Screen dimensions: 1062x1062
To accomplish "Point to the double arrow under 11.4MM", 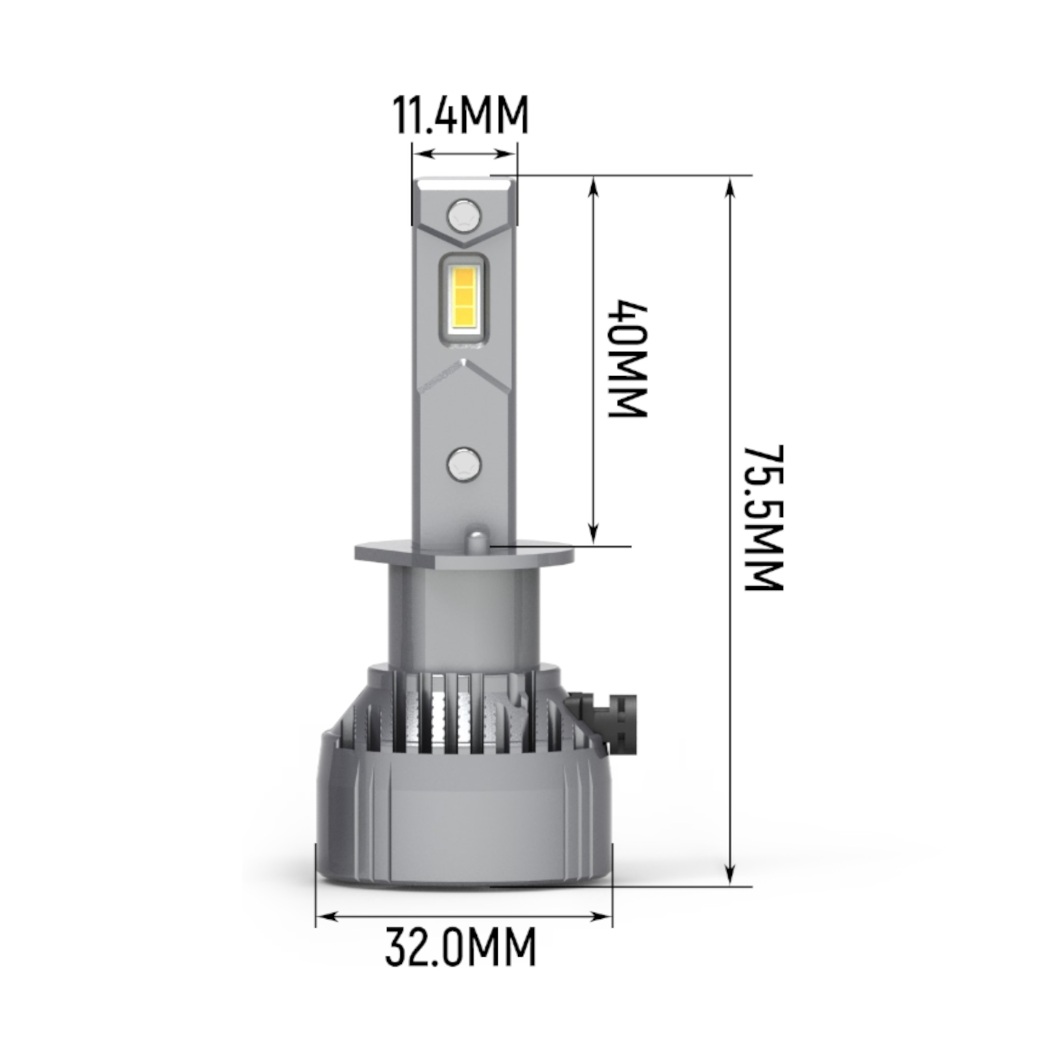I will [465, 154].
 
